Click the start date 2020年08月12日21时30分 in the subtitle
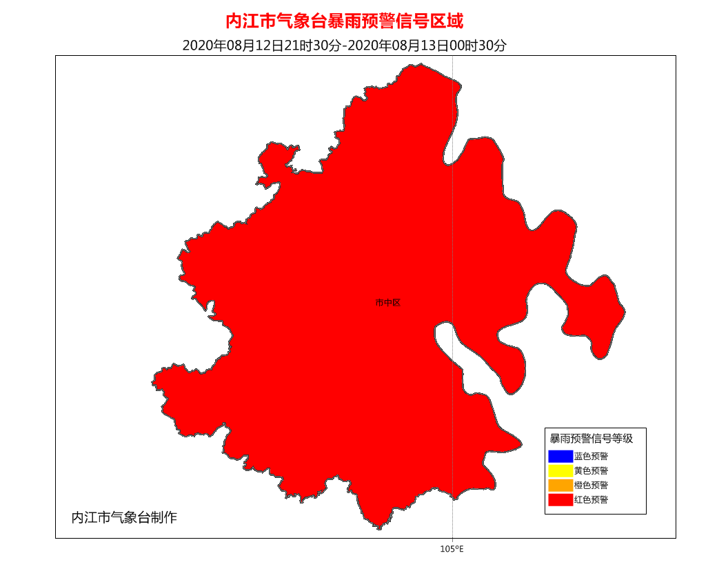click(262, 46)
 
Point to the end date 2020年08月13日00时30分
click(427, 46)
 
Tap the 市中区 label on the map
click(387, 303)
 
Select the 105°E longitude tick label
click(452, 549)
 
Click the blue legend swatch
click(560, 456)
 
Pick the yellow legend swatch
click(560, 470)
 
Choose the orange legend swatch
click(560, 485)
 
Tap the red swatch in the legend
click(560, 500)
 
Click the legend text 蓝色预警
click(591, 456)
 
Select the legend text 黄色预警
click(591, 470)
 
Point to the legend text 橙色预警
click(591, 485)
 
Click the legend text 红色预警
click(591, 500)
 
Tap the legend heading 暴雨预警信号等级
click(591, 438)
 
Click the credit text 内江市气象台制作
click(124, 517)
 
